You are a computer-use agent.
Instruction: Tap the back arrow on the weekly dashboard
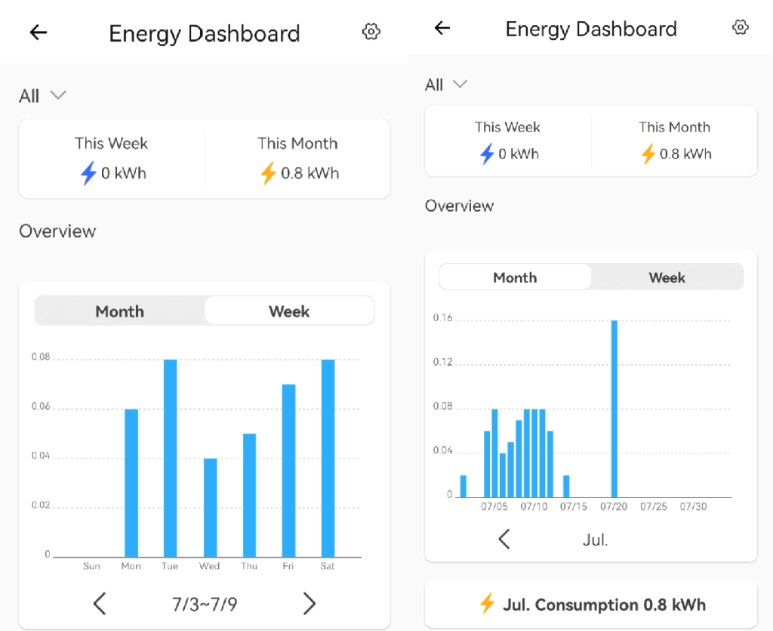click(x=38, y=32)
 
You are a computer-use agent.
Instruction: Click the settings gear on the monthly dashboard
click(x=741, y=28)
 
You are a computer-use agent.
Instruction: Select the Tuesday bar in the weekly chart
click(x=171, y=458)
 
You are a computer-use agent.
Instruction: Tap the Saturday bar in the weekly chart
click(x=328, y=458)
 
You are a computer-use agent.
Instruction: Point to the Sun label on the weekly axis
click(x=91, y=566)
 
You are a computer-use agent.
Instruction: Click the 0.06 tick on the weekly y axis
click(x=40, y=407)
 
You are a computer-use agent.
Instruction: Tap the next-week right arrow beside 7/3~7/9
click(x=310, y=603)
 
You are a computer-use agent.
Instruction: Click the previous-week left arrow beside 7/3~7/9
click(x=100, y=603)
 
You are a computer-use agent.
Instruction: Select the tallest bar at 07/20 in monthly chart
click(x=614, y=408)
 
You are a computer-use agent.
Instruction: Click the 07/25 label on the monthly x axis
click(x=653, y=506)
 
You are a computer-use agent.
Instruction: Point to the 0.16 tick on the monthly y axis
click(x=442, y=318)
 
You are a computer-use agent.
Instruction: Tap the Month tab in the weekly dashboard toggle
click(x=119, y=311)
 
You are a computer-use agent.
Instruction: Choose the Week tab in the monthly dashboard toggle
click(x=667, y=277)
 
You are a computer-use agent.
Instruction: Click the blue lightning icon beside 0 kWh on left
click(x=88, y=174)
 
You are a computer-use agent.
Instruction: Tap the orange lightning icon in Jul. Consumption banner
click(x=488, y=605)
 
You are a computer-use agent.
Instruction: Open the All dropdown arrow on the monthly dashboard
click(x=460, y=84)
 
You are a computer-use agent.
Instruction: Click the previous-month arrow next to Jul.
click(x=504, y=539)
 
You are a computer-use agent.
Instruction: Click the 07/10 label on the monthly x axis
click(x=534, y=506)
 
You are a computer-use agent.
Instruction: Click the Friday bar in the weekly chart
click(x=289, y=470)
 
